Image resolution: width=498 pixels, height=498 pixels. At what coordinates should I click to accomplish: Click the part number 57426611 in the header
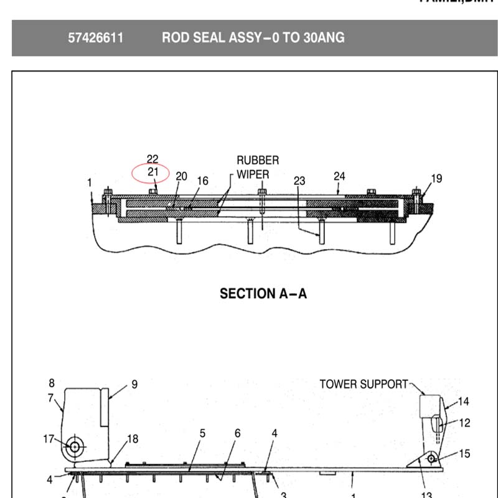pyautogui.click(x=96, y=38)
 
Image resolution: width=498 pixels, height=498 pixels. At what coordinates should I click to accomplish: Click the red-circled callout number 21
pyautogui.click(x=153, y=171)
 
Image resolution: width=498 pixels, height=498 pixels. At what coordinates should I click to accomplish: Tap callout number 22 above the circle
pyautogui.click(x=153, y=159)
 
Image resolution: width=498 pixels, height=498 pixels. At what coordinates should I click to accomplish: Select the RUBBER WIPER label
pyautogui.click(x=257, y=167)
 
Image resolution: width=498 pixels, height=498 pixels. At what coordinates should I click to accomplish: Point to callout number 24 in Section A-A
pyautogui.click(x=339, y=176)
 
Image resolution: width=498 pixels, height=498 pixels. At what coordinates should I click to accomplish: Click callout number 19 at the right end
pyautogui.click(x=436, y=179)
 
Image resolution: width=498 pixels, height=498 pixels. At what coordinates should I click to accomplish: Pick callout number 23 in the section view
pyautogui.click(x=299, y=181)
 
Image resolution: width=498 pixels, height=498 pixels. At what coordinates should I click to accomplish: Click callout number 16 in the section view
pyautogui.click(x=202, y=181)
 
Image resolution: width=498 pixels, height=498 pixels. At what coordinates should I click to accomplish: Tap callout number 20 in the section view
pyautogui.click(x=181, y=176)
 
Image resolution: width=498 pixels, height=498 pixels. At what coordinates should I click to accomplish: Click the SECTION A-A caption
pyautogui.click(x=263, y=293)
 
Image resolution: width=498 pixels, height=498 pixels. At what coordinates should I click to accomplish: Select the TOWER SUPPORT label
pyautogui.click(x=364, y=384)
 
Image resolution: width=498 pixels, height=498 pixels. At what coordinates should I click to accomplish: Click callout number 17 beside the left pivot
pyautogui.click(x=49, y=439)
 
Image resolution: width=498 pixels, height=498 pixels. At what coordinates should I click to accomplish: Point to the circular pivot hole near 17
pyautogui.click(x=75, y=446)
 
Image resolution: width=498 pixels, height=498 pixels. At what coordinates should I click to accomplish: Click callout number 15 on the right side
pyautogui.click(x=464, y=454)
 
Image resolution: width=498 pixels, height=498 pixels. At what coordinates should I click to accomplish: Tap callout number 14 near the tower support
pyautogui.click(x=464, y=402)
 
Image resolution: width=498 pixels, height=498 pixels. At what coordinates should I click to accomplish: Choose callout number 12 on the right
pyautogui.click(x=464, y=423)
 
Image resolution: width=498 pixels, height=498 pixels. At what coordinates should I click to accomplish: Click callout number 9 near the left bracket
pyautogui.click(x=134, y=384)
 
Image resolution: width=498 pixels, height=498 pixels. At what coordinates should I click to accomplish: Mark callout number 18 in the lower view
pyautogui.click(x=133, y=439)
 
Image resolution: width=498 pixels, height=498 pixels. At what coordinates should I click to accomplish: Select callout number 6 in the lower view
pyautogui.click(x=237, y=433)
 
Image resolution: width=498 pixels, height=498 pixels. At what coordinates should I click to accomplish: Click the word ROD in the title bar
pyautogui.click(x=176, y=38)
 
